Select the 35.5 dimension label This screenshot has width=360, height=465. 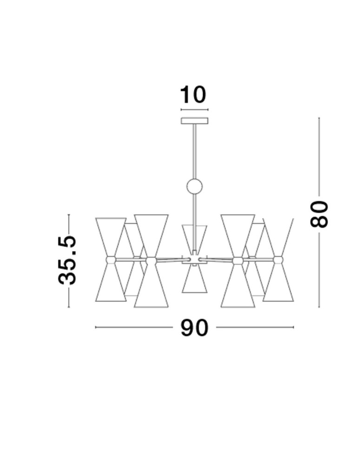(67, 260)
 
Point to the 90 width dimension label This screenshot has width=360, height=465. (194, 328)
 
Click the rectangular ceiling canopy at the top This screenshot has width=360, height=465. (194, 121)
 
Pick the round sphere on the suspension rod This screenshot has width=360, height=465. (194, 187)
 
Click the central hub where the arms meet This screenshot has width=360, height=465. (194, 259)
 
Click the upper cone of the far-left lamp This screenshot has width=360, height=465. (111, 235)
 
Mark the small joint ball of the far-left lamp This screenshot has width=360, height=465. (111, 259)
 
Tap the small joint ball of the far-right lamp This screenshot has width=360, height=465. (278, 259)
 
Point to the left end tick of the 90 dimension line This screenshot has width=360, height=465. (96, 327)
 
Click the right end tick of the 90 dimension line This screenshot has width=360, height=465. (293, 327)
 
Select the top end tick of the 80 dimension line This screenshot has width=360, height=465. (319, 118)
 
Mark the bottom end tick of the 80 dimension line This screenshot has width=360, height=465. (319, 307)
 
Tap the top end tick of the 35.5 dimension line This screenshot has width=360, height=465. (69, 214)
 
